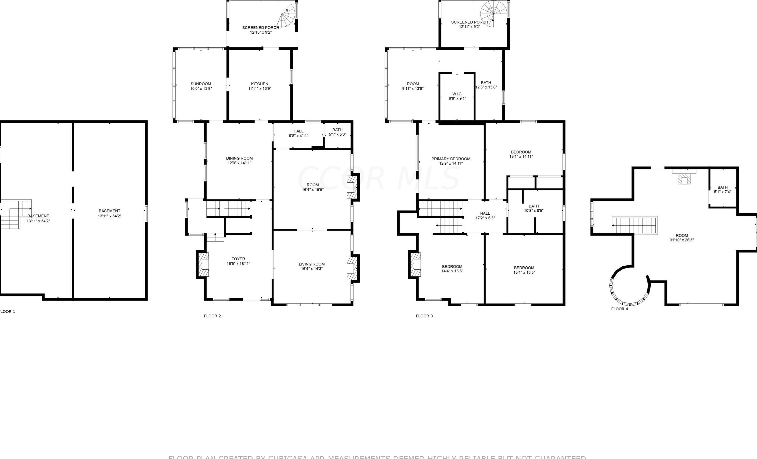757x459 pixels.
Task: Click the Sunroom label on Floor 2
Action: [x=201, y=84]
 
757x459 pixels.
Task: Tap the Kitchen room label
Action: [x=259, y=84]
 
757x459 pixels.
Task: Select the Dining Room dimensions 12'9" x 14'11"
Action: [x=239, y=163]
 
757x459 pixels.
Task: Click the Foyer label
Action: [x=238, y=259]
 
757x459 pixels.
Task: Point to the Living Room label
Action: [x=312, y=264]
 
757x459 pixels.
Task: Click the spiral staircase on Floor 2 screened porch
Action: [x=287, y=17]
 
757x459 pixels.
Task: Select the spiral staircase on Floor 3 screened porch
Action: [x=493, y=14]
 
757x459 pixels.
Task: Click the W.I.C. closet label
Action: [x=457, y=94]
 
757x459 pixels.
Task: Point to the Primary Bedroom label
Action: [x=451, y=159]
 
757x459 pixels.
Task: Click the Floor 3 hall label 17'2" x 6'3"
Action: [x=485, y=215]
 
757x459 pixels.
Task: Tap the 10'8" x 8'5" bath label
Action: [x=534, y=208]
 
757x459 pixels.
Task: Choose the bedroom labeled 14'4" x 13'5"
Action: [x=452, y=269]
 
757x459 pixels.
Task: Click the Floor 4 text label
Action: [x=620, y=309]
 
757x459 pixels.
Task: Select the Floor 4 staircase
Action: [x=635, y=225]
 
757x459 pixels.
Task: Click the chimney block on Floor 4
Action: [x=684, y=179]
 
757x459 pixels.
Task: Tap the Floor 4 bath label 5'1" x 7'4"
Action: [x=723, y=189]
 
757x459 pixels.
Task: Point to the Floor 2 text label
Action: [x=212, y=316]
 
